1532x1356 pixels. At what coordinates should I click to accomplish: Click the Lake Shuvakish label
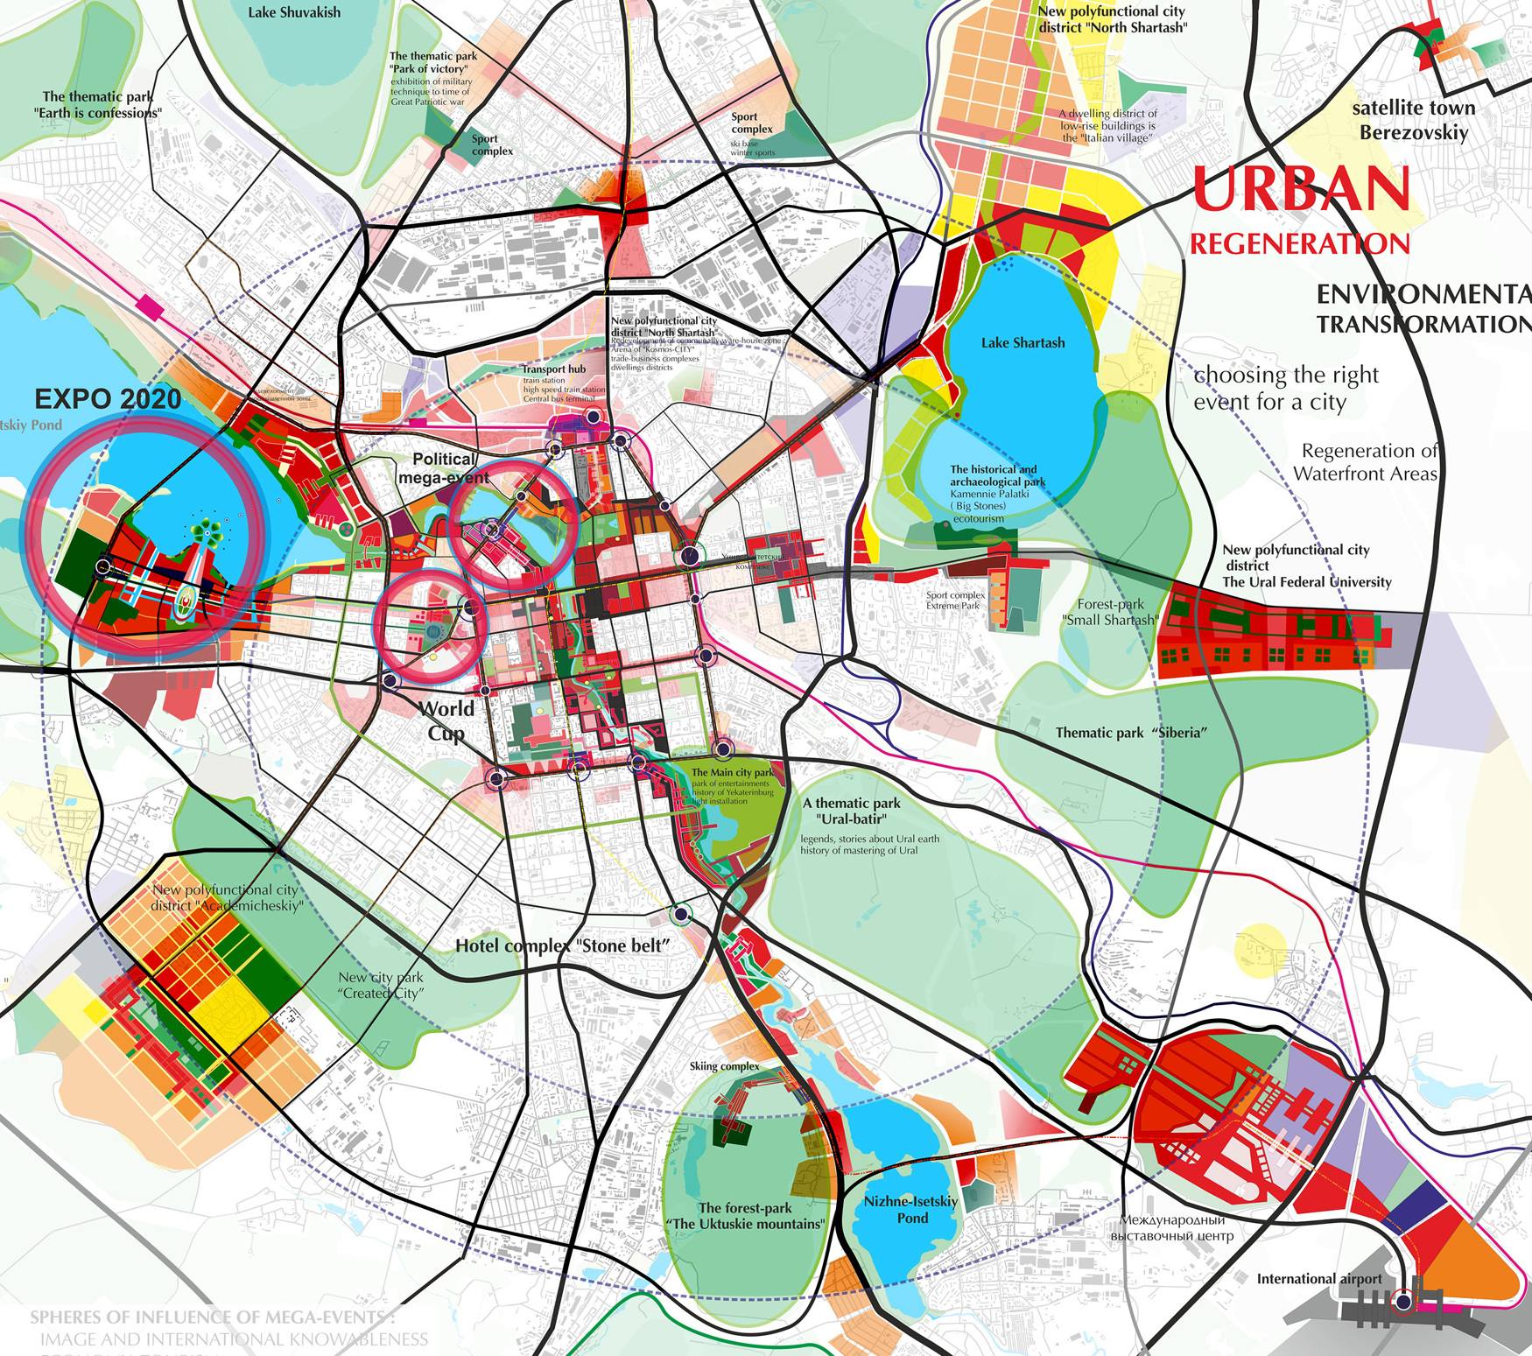pyautogui.click(x=294, y=13)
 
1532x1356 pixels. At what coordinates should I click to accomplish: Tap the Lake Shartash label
pyautogui.click(x=1023, y=343)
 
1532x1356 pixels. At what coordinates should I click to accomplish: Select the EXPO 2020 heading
pyautogui.click(x=108, y=399)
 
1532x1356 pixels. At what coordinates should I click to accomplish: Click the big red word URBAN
pyautogui.click(x=1301, y=190)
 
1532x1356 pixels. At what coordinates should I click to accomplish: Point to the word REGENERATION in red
pyautogui.click(x=1299, y=244)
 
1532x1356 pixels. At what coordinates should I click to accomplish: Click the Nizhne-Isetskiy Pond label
pyautogui.click(x=910, y=1209)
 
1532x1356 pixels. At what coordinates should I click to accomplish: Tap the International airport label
pyautogui.click(x=1319, y=1279)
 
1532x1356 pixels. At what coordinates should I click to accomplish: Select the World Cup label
pyautogui.click(x=446, y=720)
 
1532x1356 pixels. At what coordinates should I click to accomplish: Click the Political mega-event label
pyautogui.click(x=444, y=467)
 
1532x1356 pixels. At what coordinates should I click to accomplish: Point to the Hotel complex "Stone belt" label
pyautogui.click(x=562, y=945)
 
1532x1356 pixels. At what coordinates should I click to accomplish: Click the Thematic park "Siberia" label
pyautogui.click(x=1131, y=733)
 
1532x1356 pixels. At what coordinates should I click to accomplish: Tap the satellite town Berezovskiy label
pyautogui.click(x=1413, y=120)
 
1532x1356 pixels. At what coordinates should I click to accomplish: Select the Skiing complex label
pyautogui.click(x=724, y=1066)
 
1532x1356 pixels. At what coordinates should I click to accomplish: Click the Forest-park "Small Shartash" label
pyautogui.click(x=1109, y=612)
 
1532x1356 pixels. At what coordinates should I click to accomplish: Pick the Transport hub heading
pyautogui.click(x=554, y=369)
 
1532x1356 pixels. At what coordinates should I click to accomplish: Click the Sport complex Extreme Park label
pyautogui.click(x=955, y=600)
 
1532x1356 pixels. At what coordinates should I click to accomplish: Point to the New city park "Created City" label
pyautogui.click(x=381, y=985)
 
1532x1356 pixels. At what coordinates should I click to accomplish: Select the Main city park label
pyautogui.click(x=733, y=772)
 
